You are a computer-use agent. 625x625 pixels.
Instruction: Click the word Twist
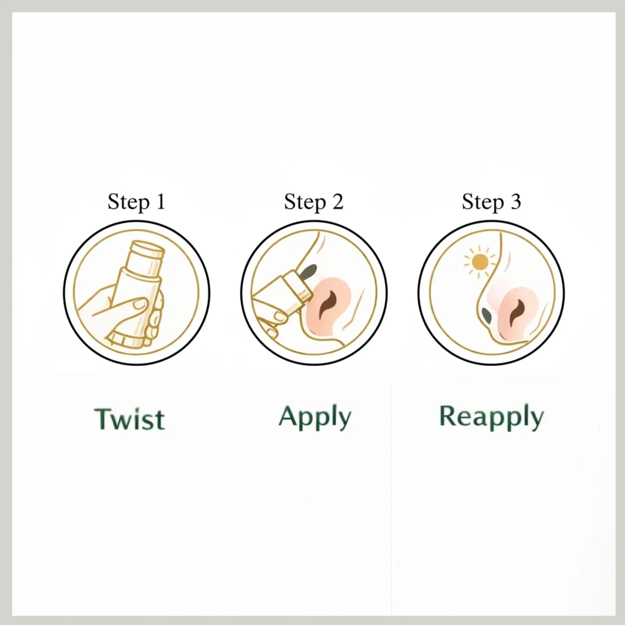coord(130,419)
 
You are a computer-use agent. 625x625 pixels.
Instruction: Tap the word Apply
coord(315,418)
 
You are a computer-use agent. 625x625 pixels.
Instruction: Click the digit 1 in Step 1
coord(161,202)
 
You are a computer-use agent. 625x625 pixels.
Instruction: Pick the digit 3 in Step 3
coord(515,202)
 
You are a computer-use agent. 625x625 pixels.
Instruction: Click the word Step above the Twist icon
coord(129,203)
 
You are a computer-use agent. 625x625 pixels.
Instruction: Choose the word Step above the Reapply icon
coord(483,203)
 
